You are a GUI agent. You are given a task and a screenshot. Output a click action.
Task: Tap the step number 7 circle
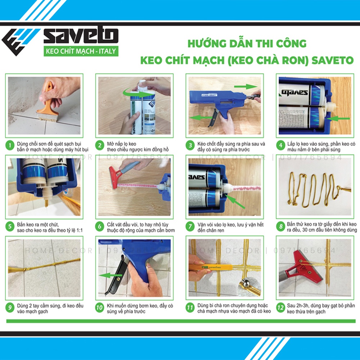[x=191, y=227]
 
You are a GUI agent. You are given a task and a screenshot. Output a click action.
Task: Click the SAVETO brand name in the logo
[x=81, y=36]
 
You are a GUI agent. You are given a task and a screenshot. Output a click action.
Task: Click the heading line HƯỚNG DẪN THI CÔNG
[x=247, y=44]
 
